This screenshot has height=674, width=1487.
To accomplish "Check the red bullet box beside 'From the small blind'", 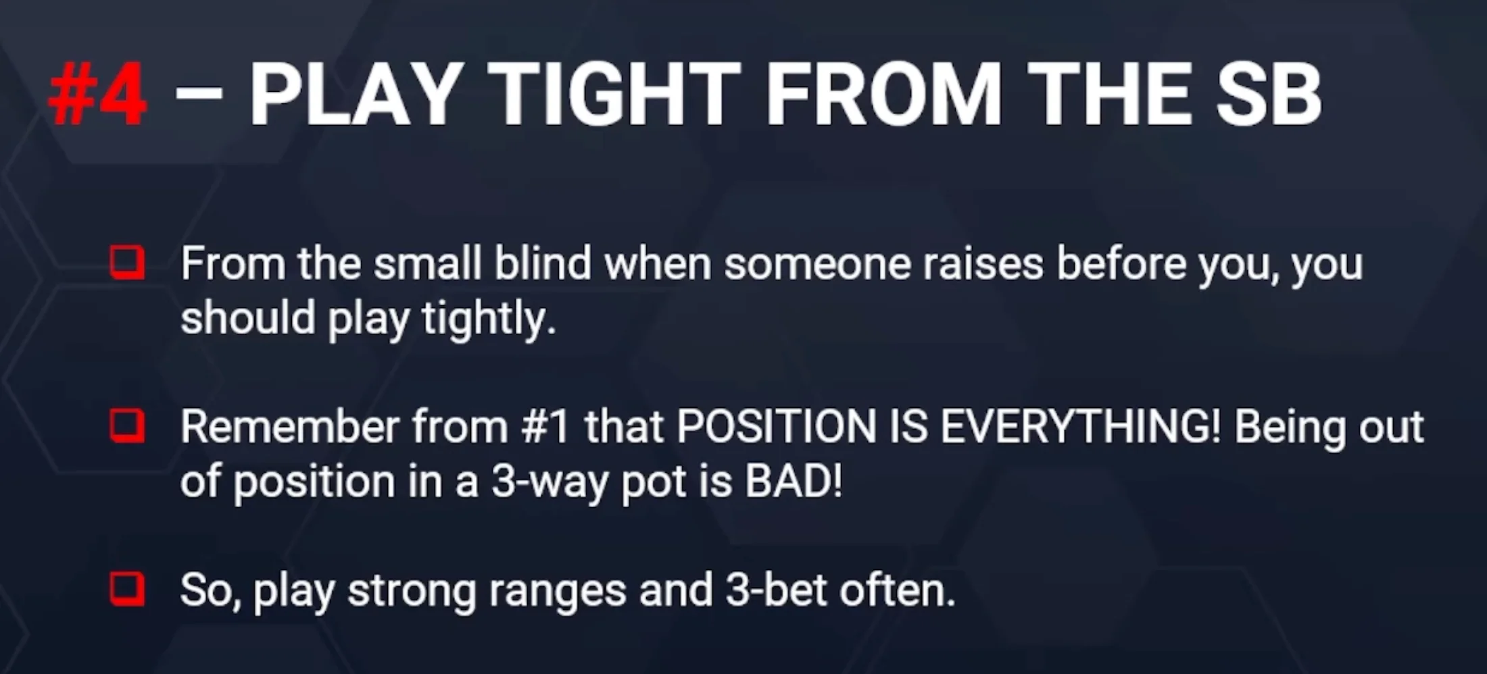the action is tap(127, 263).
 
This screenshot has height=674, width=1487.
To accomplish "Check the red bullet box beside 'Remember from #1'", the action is tap(127, 426).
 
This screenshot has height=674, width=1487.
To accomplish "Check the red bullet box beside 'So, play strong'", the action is tap(127, 590).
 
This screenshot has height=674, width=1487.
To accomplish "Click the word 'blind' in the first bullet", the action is tap(543, 263).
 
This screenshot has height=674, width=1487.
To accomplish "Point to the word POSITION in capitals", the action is tap(777, 427).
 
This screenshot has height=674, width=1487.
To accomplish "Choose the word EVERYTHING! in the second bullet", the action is tap(1081, 427).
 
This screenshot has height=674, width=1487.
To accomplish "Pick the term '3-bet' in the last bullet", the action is tap(776, 590).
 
